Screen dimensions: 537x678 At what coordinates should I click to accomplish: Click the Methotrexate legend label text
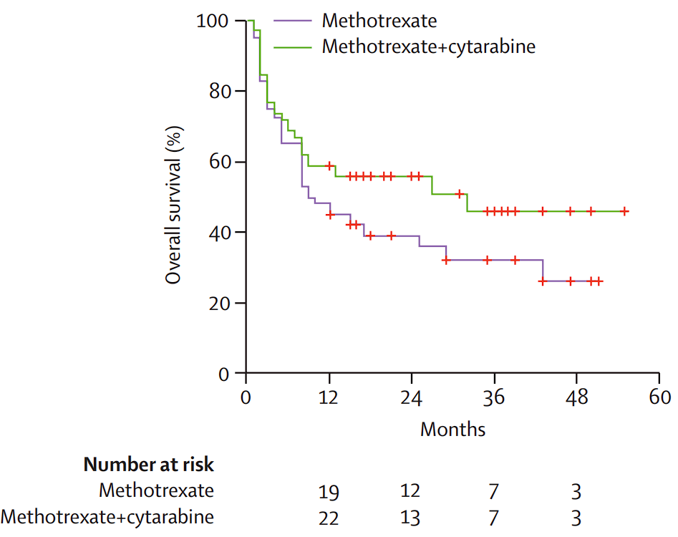(379, 19)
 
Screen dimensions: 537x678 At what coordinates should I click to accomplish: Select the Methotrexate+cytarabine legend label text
(429, 47)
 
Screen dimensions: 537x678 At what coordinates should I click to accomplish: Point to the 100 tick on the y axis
(212, 21)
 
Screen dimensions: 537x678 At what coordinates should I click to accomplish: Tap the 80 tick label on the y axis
(217, 92)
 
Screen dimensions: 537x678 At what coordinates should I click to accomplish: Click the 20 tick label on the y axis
(217, 303)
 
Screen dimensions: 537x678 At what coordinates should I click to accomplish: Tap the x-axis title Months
(452, 430)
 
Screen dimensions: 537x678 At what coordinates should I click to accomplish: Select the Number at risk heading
(149, 465)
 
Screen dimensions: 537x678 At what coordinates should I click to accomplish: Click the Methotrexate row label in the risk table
(156, 491)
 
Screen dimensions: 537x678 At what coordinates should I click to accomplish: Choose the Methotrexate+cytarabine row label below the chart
(107, 517)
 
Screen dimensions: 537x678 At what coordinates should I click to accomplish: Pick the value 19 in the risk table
(329, 493)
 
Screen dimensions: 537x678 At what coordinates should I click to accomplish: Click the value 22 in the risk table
(329, 518)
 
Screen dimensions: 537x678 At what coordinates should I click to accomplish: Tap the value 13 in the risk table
(411, 518)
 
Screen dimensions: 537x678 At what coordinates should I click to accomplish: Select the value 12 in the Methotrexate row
(411, 492)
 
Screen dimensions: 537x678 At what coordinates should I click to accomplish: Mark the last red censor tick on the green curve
(624, 211)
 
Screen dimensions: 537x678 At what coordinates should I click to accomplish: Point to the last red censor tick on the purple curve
(599, 281)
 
